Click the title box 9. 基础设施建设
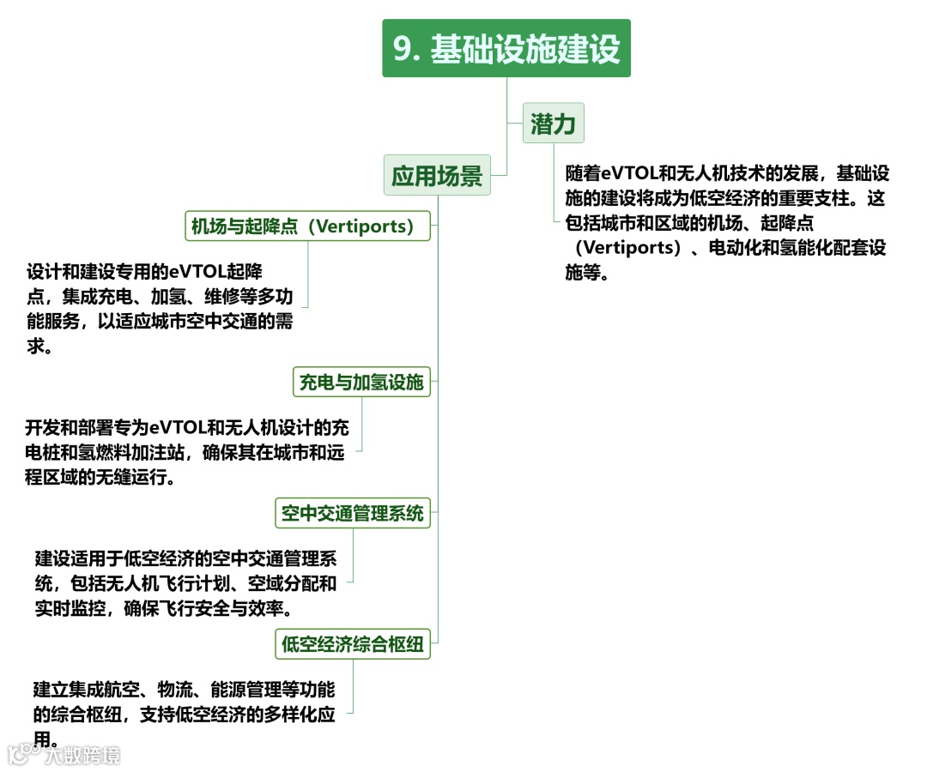click(x=506, y=49)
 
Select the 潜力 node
click(x=553, y=124)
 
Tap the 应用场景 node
click(x=437, y=176)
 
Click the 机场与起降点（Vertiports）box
click(x=307, y=226)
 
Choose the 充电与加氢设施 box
click(x=360, y=383)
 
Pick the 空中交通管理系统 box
click(x=353, y=514)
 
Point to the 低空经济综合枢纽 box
click(x=353, y=644)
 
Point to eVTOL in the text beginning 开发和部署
click(x=177, y=426)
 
